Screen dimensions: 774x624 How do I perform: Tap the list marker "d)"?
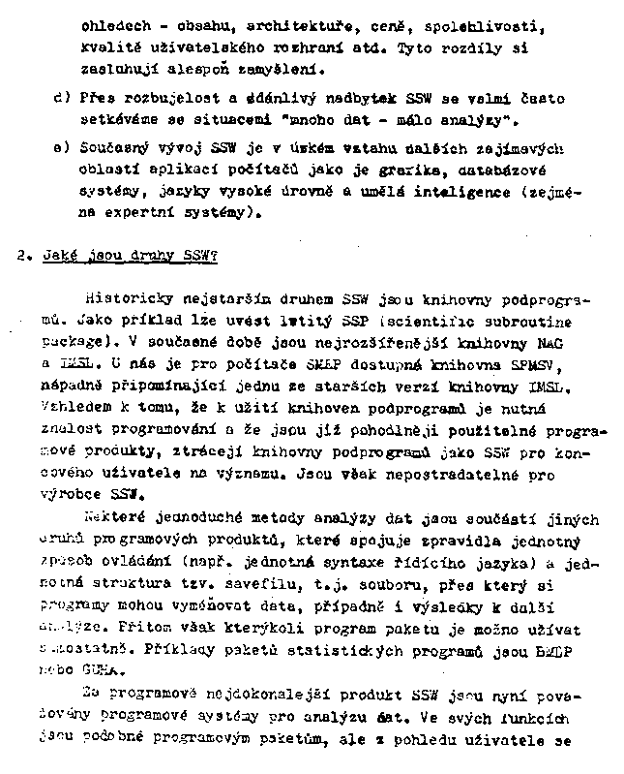click(x=63, y=98)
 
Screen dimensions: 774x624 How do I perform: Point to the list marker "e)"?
click(x=63, y=148)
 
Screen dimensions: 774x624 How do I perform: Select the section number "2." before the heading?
click(x=26, y=257)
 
